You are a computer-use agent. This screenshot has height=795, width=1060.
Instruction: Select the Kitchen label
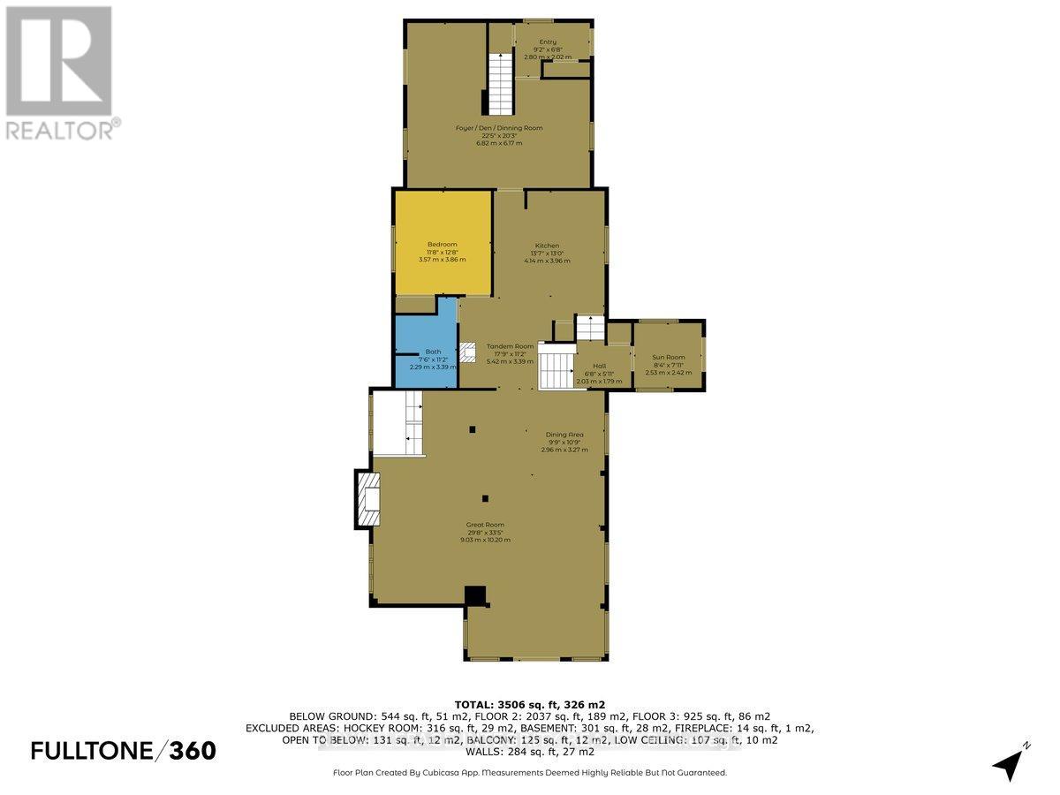547,246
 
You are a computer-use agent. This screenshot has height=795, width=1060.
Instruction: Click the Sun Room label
669,357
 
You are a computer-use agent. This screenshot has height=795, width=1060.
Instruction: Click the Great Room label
485,525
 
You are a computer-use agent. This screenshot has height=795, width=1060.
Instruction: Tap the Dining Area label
564,434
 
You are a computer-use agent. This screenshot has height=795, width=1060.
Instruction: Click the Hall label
599,366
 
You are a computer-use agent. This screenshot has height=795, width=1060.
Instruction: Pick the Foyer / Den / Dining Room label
499,128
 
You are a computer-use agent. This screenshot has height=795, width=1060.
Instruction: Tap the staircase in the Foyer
500,83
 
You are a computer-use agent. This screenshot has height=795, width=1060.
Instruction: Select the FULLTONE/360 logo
123,751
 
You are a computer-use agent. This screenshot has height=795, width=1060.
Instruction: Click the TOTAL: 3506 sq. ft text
530,704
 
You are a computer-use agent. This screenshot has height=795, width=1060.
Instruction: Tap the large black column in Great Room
476,596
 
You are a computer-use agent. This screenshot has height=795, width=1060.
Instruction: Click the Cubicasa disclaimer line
530,772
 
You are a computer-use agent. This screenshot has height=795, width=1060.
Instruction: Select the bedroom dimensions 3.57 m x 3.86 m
443,260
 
